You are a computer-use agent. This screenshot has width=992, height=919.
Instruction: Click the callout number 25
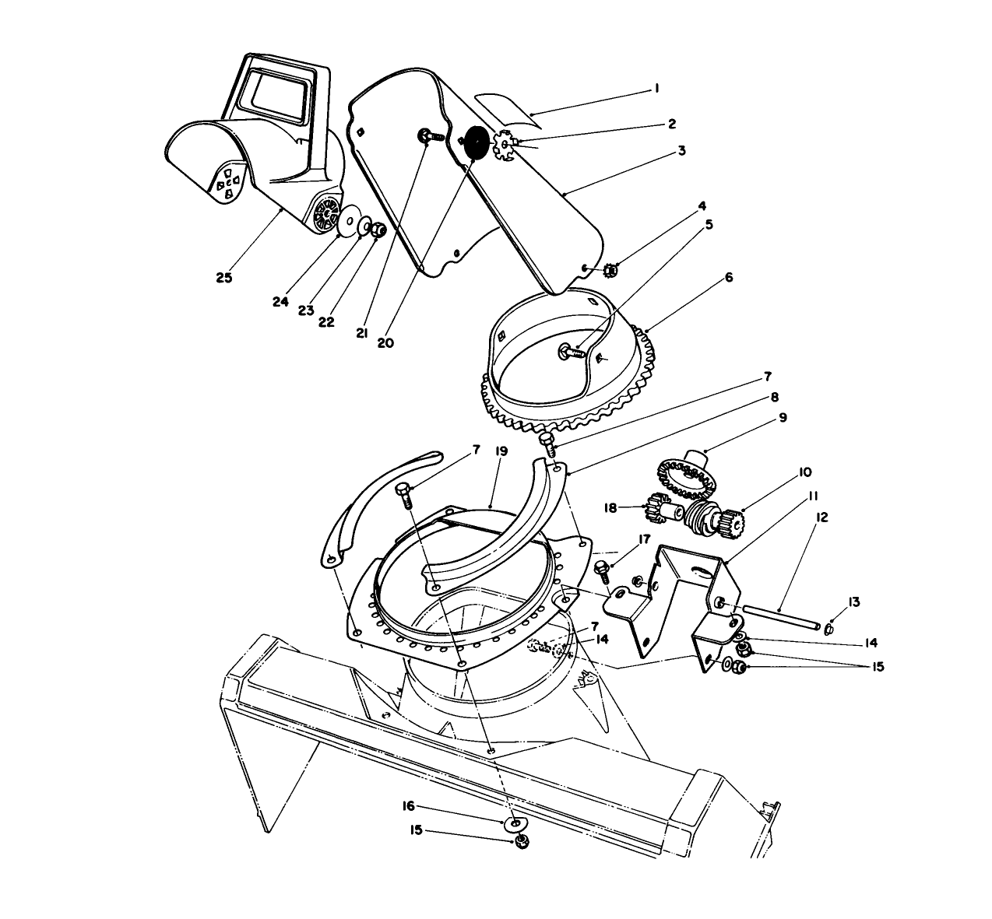[224, 278]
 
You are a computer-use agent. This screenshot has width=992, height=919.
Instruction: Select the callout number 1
[656, 89]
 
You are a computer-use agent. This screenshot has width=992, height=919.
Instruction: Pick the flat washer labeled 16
[514, 823]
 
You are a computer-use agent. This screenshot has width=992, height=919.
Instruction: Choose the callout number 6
[728, 277]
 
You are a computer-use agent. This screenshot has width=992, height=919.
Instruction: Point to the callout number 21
[361, 333]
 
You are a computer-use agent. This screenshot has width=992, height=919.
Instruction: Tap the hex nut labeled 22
[375, 230]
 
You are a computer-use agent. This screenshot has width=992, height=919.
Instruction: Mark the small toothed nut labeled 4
[610, 270]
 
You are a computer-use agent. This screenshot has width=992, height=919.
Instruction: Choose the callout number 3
[681, 150]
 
